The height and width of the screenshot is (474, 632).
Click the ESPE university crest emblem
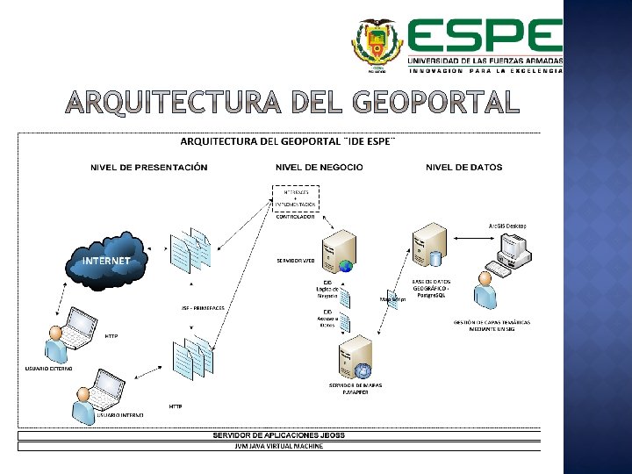(x=377, y=43)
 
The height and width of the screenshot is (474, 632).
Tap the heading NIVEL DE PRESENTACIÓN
(x=148, y=168)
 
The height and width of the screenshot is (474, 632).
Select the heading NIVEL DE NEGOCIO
(x=319, y=168)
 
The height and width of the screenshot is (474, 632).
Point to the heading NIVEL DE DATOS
(x=464, y=168)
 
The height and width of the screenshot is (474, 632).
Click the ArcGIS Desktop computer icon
(x=510, y=249)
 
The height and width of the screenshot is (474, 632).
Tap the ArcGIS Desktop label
(x=507, y=226)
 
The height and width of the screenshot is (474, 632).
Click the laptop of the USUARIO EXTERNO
(x=77, y=327)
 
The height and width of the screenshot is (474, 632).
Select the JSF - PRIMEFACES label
(x=203, y=308)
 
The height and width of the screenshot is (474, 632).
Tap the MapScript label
(x=391, y=298)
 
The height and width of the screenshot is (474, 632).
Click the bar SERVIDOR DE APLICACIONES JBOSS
(x=278, y=435)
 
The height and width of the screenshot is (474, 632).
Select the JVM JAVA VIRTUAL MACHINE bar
(x=278, y=446)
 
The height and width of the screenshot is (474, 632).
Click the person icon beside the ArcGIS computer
(x=484, y=290)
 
